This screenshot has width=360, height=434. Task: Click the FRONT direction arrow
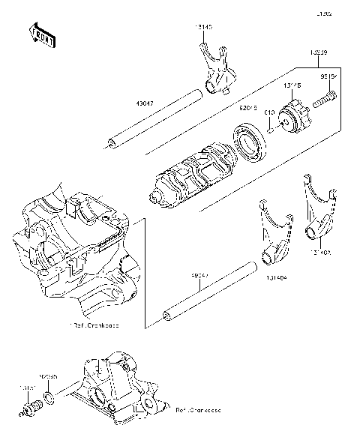[42, 34]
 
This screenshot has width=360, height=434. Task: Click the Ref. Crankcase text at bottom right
[198, 410]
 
